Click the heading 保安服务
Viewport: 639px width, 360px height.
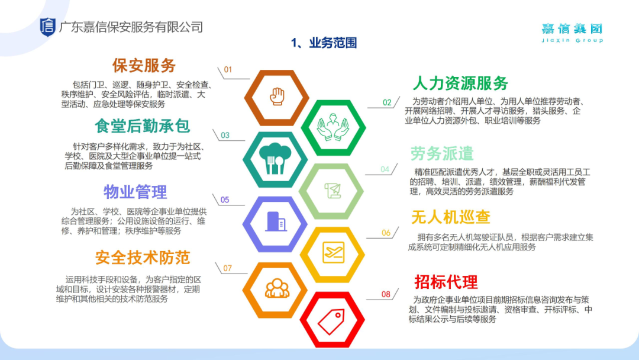(x=144, y=65)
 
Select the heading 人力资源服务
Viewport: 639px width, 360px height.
(x=460, y=83)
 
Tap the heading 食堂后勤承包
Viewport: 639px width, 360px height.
(x=143, y=126)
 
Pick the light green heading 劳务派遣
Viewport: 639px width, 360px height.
(x=442, y=154)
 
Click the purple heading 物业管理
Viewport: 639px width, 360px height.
(x=135, y=192)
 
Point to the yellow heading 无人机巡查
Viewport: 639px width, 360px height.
(x=451, y=217)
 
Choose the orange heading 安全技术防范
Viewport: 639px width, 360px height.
(x=143, y=258)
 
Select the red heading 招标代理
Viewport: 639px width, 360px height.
(x=446, y=282)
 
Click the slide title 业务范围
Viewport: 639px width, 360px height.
(x=333, y=43)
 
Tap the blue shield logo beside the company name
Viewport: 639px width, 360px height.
(x=47, y=27)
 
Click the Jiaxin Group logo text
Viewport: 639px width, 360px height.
(x=572, y=33)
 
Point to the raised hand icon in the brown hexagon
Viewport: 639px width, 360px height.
(x=277, y=97)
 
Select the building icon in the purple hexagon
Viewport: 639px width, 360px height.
(x=276, y=222)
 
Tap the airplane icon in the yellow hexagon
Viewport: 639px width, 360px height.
(x=333, y=252)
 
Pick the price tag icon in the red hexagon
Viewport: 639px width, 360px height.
(x=331, y=322)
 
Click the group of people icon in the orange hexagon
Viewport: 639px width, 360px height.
(x=277, y=288)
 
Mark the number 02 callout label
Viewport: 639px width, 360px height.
(x=387, y=103)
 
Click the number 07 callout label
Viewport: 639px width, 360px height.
(x=227, y=268)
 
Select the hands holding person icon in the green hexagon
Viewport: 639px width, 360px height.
(x=333, y=127)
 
